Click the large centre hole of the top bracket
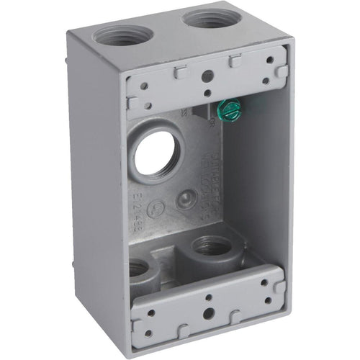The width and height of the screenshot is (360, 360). coord(207,74)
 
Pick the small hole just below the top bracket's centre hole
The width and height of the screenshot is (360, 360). coord(207,91)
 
